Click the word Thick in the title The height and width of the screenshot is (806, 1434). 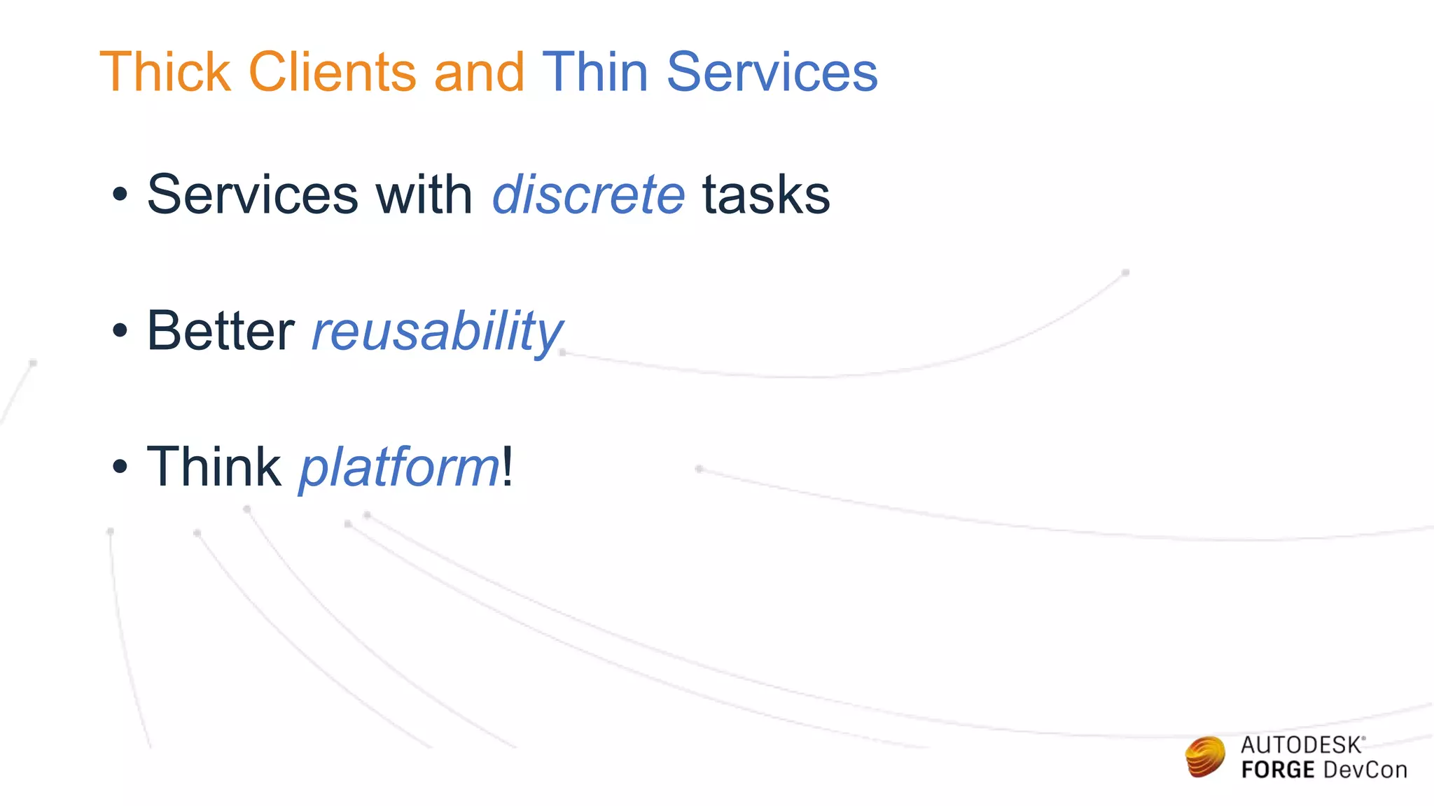click(x=165, y=72)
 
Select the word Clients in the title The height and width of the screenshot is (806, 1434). click(x=333, y=72)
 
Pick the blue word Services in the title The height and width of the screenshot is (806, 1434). click(x=772, y=72)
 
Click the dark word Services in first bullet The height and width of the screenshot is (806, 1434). click(x=253, y=195)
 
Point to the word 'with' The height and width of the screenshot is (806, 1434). click(x=424, y=195)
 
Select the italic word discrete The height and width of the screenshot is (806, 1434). click(x=588, y=195)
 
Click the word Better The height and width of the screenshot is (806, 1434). click(x=221, y=331)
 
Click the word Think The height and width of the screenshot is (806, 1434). click(x=214, y=467)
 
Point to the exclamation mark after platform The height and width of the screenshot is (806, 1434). click(x=508, y=467)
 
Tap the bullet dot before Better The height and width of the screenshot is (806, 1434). click(x=120, y=332)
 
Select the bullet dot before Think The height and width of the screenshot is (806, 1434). click(x=120, y=467)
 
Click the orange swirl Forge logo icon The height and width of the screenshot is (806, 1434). click(x=1205, y=757)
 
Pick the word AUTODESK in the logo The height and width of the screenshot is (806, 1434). click(x=1301, y=745)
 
